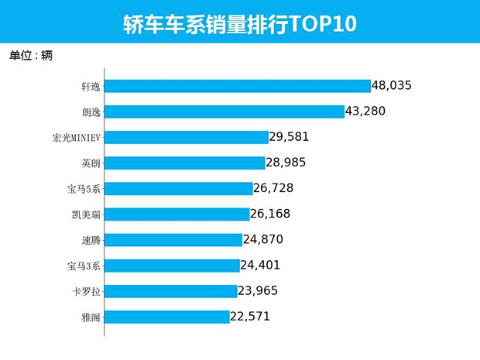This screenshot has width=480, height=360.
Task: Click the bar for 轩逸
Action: coord(238,86)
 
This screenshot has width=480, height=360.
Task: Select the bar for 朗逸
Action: coord(224,111)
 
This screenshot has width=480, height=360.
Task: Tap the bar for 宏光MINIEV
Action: coord(186,137)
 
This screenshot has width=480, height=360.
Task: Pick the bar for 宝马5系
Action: coord(179,188)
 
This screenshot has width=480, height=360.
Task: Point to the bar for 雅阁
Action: coord(166,316)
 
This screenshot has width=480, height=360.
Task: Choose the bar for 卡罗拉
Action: coord(170,290)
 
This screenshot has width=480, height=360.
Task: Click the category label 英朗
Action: coord(91,163)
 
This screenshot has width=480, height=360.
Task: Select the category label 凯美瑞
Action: coord(86,214)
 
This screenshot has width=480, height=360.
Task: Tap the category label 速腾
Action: coord(91,239)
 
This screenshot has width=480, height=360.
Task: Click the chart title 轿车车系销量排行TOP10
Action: coord(240,23)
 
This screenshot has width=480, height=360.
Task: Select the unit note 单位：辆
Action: coord(31,55)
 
